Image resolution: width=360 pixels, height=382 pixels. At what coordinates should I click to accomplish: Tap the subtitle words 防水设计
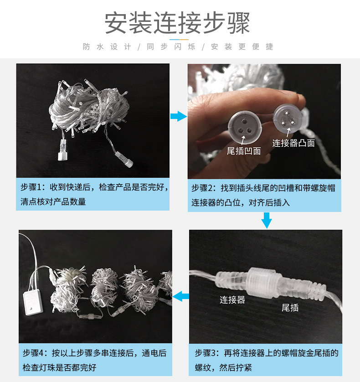pos(107,47)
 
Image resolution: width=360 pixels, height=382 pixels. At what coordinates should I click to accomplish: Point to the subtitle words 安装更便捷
pos(242,47)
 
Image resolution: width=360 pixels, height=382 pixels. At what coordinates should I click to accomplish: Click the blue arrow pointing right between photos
pos(178,117)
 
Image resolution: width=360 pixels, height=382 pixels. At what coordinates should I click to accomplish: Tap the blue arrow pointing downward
pos(267,221)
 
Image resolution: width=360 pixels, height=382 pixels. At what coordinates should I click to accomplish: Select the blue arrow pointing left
pos(181,296)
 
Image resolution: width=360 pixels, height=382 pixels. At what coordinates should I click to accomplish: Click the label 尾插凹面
pos(244,151)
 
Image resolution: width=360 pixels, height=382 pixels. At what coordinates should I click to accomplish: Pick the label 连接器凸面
pos(293,143)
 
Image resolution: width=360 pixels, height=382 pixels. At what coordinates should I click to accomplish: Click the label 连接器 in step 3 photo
pos(232,299)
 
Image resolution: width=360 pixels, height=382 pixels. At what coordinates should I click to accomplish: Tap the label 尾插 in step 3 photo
pos(290,308)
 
